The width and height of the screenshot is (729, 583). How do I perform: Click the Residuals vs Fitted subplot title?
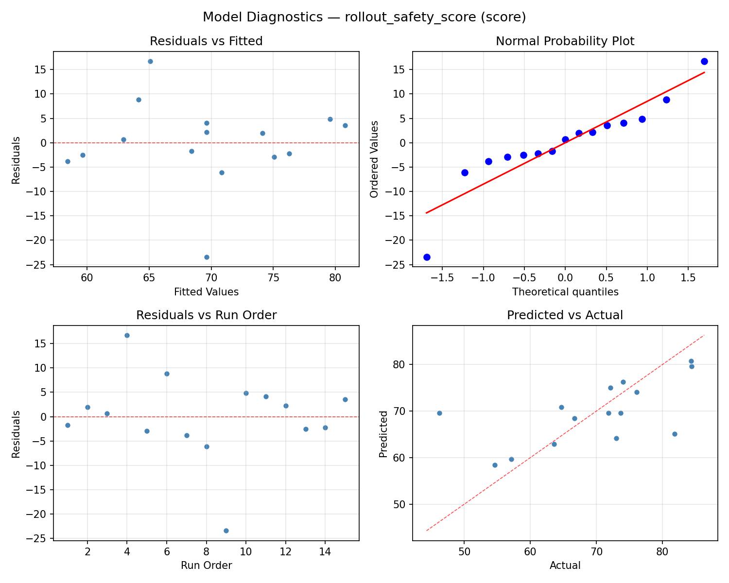click(206, 41)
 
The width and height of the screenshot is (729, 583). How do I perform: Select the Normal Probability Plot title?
click(565, 41)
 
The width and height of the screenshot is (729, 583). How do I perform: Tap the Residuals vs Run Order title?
click(206, 315)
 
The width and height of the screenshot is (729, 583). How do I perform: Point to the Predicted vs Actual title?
click(565, 315)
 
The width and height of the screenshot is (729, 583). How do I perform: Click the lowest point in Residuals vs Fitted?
click(207, 257)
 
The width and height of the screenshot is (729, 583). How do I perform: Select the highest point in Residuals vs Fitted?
click(150, 61)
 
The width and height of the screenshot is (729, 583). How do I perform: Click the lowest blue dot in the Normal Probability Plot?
click(427, 257)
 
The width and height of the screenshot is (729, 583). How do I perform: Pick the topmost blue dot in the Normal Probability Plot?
click(704, 61)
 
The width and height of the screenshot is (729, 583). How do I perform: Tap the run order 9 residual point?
click(226, 531)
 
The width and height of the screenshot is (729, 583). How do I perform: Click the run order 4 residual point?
click(127, 335)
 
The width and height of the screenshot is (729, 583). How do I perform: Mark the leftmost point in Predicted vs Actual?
click(439, 413)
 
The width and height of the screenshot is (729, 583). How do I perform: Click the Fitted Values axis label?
click(206, 292)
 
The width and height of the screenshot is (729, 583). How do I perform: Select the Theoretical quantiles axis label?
click(565, 292)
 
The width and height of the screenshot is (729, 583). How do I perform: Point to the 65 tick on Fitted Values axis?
click(149, 277)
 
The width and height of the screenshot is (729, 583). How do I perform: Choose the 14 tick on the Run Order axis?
click(325, 551)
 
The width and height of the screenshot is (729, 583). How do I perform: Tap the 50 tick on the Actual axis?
click(464, 551)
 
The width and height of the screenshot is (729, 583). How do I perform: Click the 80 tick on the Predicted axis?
click(399, 364)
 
